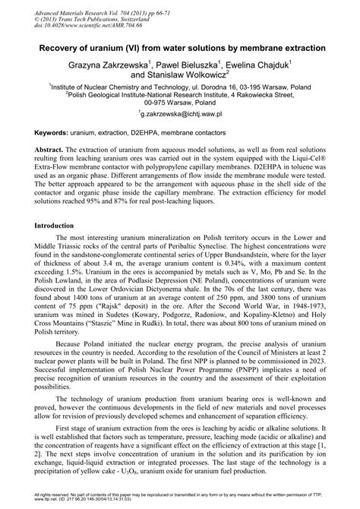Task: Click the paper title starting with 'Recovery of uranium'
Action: (x=180, y=47)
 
